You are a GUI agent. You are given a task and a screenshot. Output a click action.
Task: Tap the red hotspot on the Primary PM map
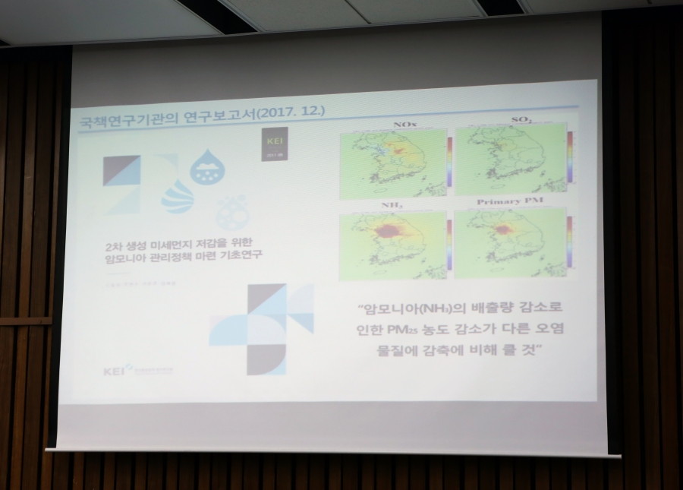point(502,229)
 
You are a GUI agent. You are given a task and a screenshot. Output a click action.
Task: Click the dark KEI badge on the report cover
point(272,145)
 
